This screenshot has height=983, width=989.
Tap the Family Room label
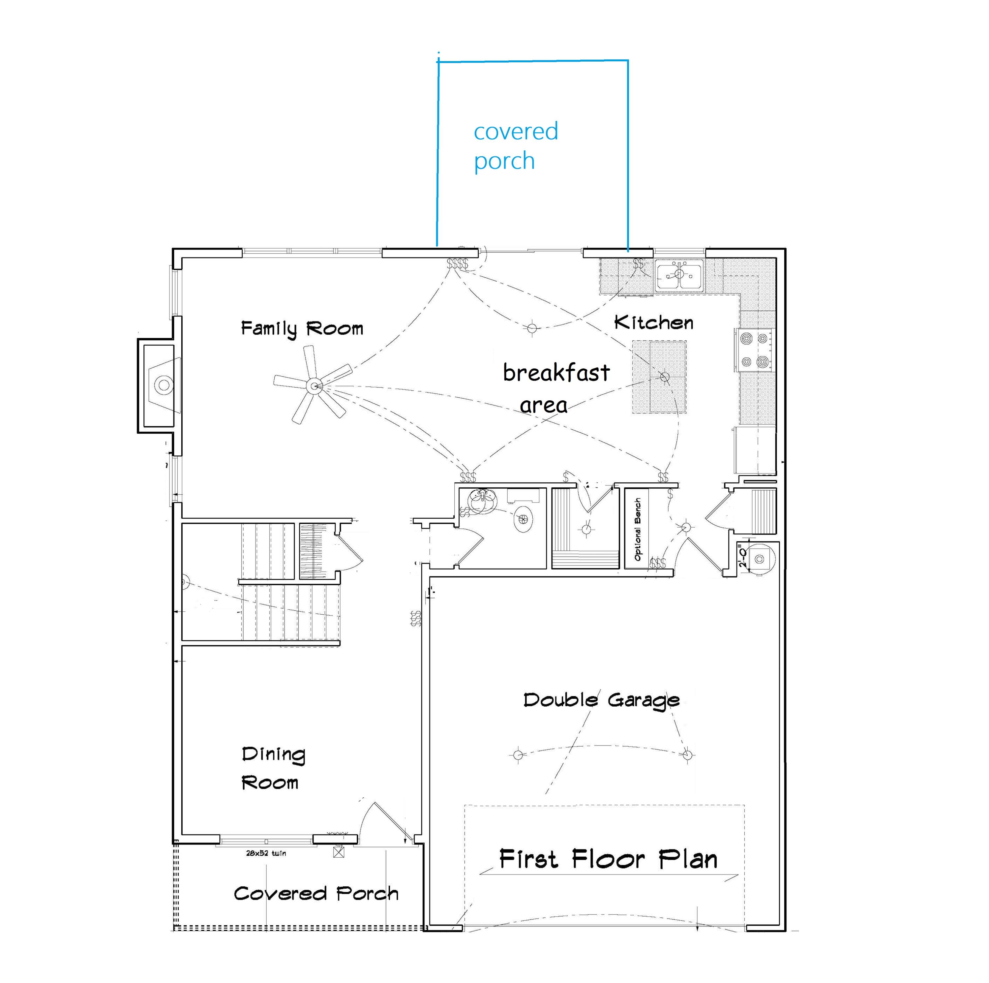coord(302,328)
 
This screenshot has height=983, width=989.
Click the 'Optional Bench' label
coord(637,529)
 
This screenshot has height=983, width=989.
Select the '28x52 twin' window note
coord(266,853)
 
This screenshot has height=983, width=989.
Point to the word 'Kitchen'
coord(654,322)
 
